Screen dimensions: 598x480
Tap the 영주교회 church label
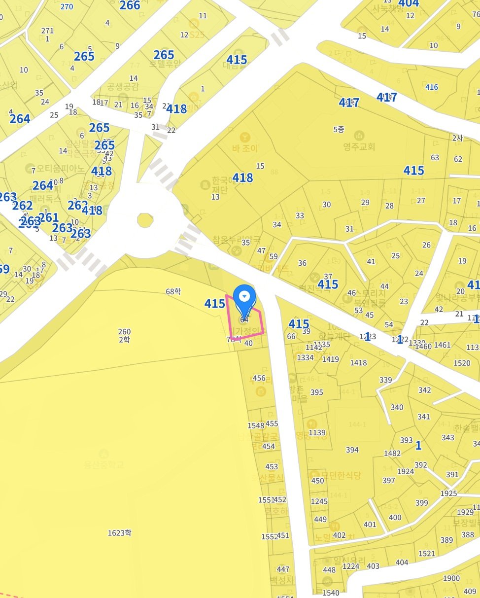tap(359, 146)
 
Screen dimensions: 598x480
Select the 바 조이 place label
tap(245, 147)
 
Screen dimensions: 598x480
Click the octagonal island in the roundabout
tap(145, 220)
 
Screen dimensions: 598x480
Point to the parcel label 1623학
tap(120, 532)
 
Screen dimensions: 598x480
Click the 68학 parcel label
tap(173, 291)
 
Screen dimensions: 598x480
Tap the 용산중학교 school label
tap(103, 465)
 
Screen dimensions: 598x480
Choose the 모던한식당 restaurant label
tap(341, 476)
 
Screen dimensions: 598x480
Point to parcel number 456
tap(259, 379)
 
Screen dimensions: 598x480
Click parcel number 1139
tap(317, 433)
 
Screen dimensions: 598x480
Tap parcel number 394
tap(352, 450)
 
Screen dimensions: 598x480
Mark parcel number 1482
tap(392, 453)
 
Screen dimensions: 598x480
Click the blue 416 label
tap(432, 87)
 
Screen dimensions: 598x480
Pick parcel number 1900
tap(451, 578)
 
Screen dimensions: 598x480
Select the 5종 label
tap(339, 129)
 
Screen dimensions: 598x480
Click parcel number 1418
tap(358, 363)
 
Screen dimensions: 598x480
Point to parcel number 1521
tap(427, 554)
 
